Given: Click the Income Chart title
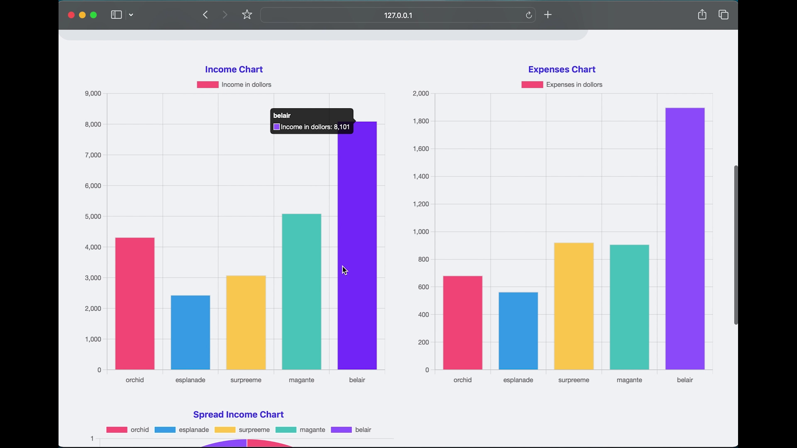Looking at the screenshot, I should [234, 69].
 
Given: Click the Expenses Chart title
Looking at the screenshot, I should [562, 69].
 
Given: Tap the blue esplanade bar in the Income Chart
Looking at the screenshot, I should [191, 332].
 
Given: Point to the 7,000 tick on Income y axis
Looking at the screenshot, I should [93, 155].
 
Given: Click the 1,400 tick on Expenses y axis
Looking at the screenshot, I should [421, 176].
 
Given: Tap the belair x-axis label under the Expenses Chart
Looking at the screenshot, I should [685, 380].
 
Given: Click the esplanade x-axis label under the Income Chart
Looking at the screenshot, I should [190, 380].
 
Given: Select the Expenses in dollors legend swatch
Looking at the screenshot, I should [532, 85].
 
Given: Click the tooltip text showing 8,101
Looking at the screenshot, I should [315, 127].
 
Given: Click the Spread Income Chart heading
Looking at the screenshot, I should [238, 414].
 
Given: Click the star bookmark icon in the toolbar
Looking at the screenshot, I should [247, 15].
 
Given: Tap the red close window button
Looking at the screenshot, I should [71, 15].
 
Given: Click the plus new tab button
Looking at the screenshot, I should [548, 15].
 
